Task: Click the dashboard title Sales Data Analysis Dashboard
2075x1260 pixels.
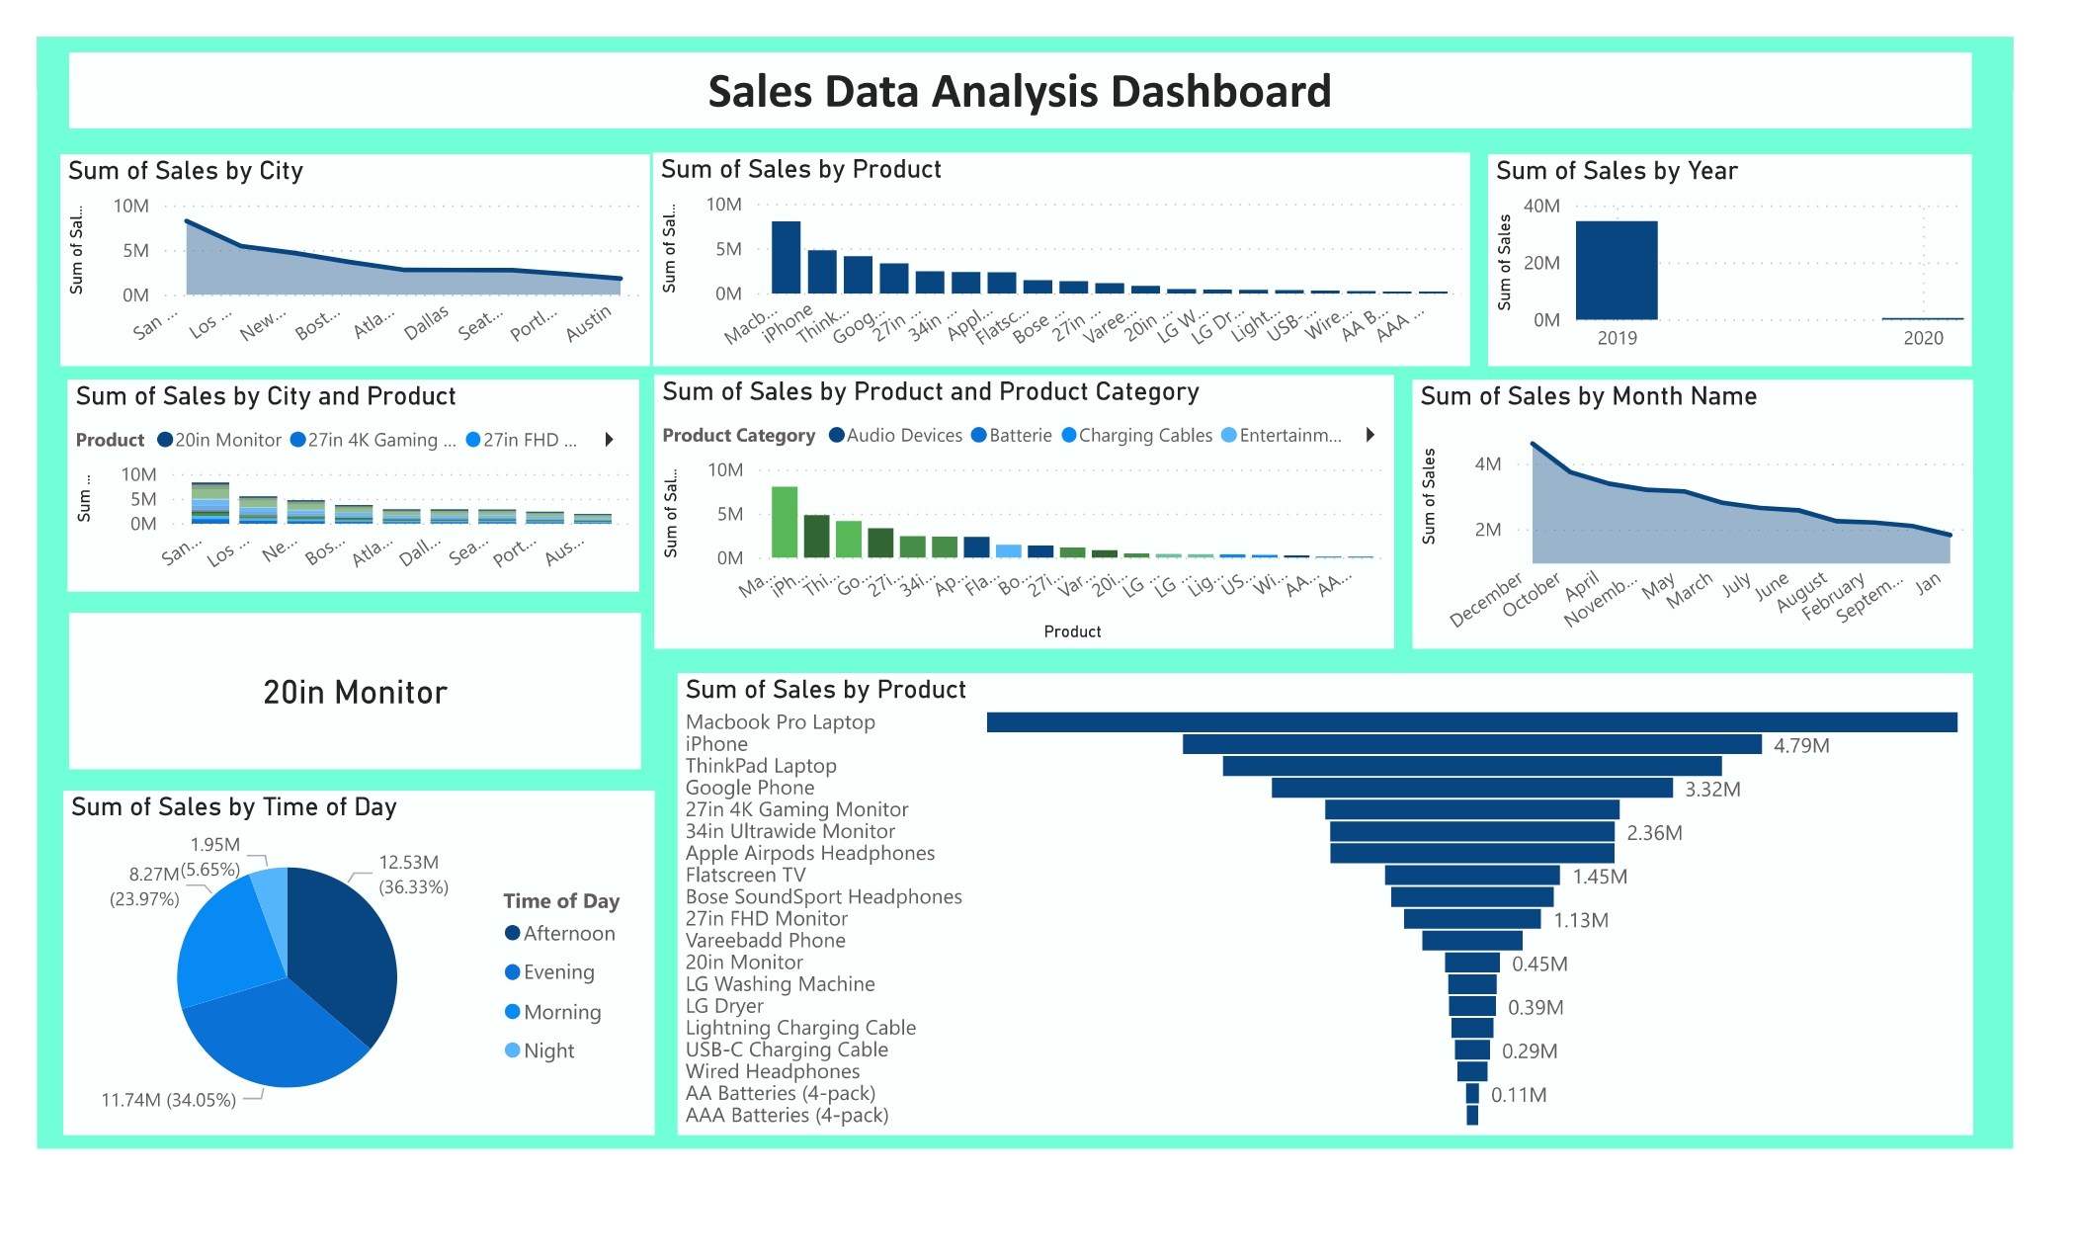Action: (x=1019, y=91)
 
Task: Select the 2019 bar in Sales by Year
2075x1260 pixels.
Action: (x=1616, y=270)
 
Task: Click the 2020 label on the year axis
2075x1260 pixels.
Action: (x=1922, y=338)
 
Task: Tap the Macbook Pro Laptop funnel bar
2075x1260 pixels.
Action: (x=1470, y=722)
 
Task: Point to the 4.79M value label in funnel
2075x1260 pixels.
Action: (x=1800, y=746)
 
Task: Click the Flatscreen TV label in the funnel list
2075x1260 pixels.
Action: (x=745, y=875)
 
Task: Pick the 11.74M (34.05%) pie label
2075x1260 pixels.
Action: (x=169, y=1100)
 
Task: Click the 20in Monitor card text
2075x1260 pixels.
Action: (x=355, y=693)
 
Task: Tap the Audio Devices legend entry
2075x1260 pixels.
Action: (x=903, y=436)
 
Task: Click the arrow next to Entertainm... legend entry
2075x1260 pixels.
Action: (x=1369, y=435)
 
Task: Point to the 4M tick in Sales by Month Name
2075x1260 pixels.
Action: (x=1487, y=463)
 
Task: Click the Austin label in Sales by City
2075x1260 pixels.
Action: (x=589, y=324)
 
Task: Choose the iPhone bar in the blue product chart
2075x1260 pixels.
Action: (x=821, y=272)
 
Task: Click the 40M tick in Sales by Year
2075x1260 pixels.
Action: (x=1540, y=206)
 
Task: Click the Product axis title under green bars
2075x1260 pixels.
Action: (x=1071, y=631)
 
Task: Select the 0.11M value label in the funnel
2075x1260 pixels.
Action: (x=1518, y=1095)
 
